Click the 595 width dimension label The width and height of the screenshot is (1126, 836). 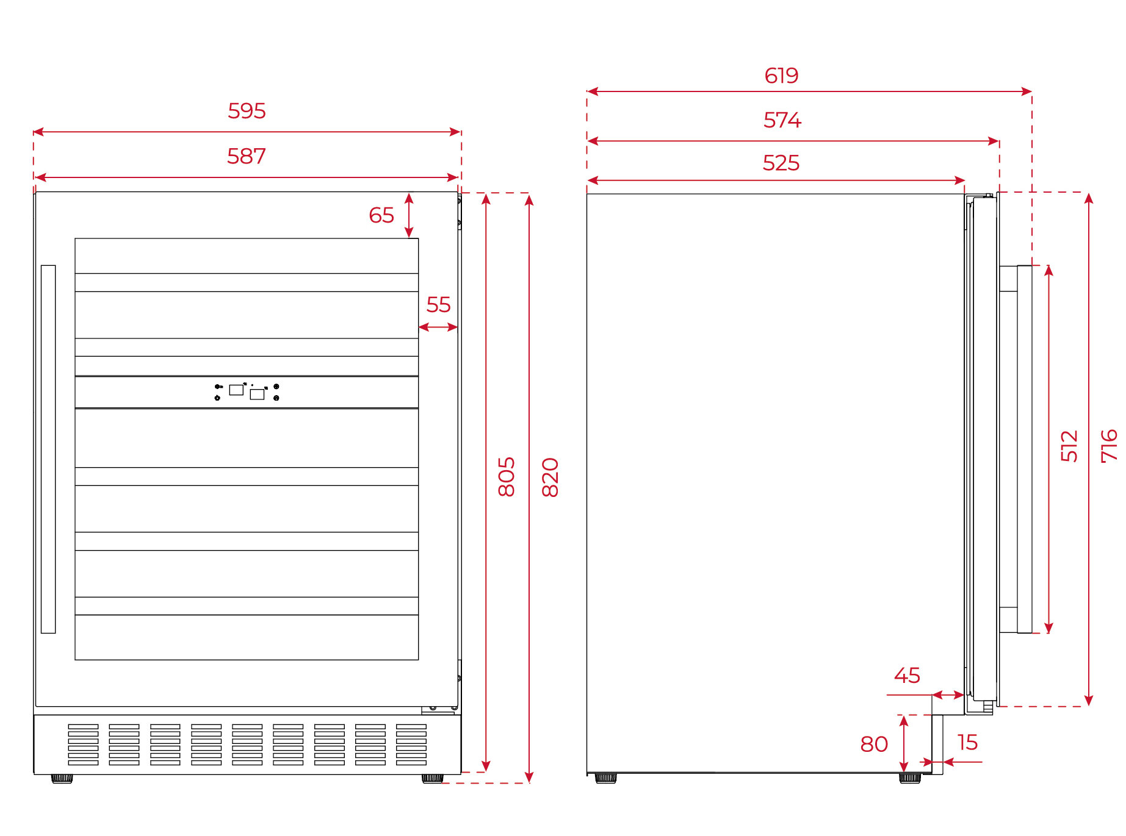247,111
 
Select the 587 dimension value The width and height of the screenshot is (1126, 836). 247,156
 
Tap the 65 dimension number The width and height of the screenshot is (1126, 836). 381,215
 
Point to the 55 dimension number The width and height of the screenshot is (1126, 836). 438,304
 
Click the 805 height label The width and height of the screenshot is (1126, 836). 507,477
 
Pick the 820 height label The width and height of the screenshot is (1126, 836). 550,477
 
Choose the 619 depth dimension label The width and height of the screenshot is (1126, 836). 781,76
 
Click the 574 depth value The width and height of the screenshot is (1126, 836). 782,120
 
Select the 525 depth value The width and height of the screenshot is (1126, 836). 781,163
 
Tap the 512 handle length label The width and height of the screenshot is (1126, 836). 1069,446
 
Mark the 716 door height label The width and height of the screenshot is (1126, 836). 1109,446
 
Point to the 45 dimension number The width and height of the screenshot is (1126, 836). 907,676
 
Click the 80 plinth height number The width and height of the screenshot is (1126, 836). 874,745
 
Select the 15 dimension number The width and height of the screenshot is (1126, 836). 968,743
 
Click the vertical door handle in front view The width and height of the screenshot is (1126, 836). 48,449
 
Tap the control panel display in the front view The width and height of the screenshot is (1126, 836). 247,392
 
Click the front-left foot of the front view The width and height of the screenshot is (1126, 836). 62,779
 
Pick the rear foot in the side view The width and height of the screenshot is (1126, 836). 605,778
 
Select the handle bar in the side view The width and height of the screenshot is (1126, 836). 1025,449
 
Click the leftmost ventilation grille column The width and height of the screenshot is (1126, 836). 83,745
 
